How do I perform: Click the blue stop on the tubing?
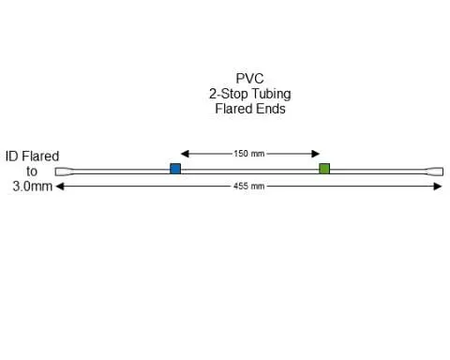(x=175, y=169)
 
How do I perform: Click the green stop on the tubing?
(x=324, y=169)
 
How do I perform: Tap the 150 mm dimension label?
(x=248, y=154)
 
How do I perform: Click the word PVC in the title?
(x=249, y=79)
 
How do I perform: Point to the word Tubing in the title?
(x=269, y=94)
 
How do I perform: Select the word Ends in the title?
(x=270, y=109)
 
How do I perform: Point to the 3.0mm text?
(x=31, y=187)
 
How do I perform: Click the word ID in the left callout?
(x=13, y=157)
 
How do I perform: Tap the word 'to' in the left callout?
(x=32, y=172)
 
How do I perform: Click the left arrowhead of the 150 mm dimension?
(x=184, y=154)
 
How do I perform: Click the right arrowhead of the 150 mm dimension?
(x=316, y=154)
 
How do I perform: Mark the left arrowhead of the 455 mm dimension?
(x=60, y=187)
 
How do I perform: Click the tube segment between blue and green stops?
(x=249, y=170)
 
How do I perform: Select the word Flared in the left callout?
(x=41, y=157)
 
